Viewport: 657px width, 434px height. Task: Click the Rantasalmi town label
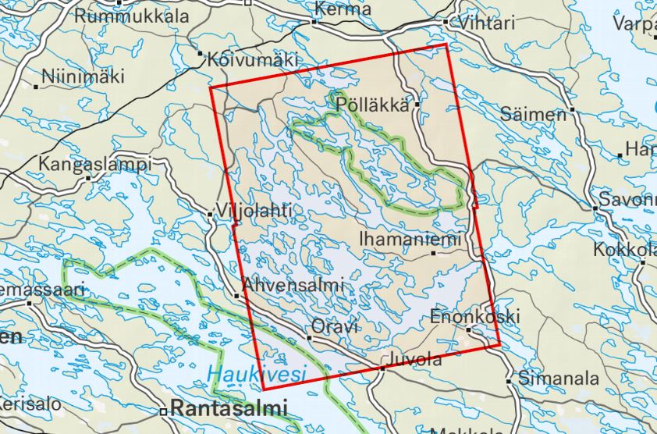(229, 407)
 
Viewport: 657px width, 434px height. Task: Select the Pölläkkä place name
(374, 102)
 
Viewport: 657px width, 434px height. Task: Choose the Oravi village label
(335, 326)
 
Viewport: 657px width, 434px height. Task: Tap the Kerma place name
(343, 9)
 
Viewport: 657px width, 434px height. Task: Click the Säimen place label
(534, 114)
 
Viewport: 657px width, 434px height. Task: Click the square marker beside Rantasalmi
(164, 411)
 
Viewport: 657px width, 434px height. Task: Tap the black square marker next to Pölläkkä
(418, 103)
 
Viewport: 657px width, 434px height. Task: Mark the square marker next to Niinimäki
(37, 84)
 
